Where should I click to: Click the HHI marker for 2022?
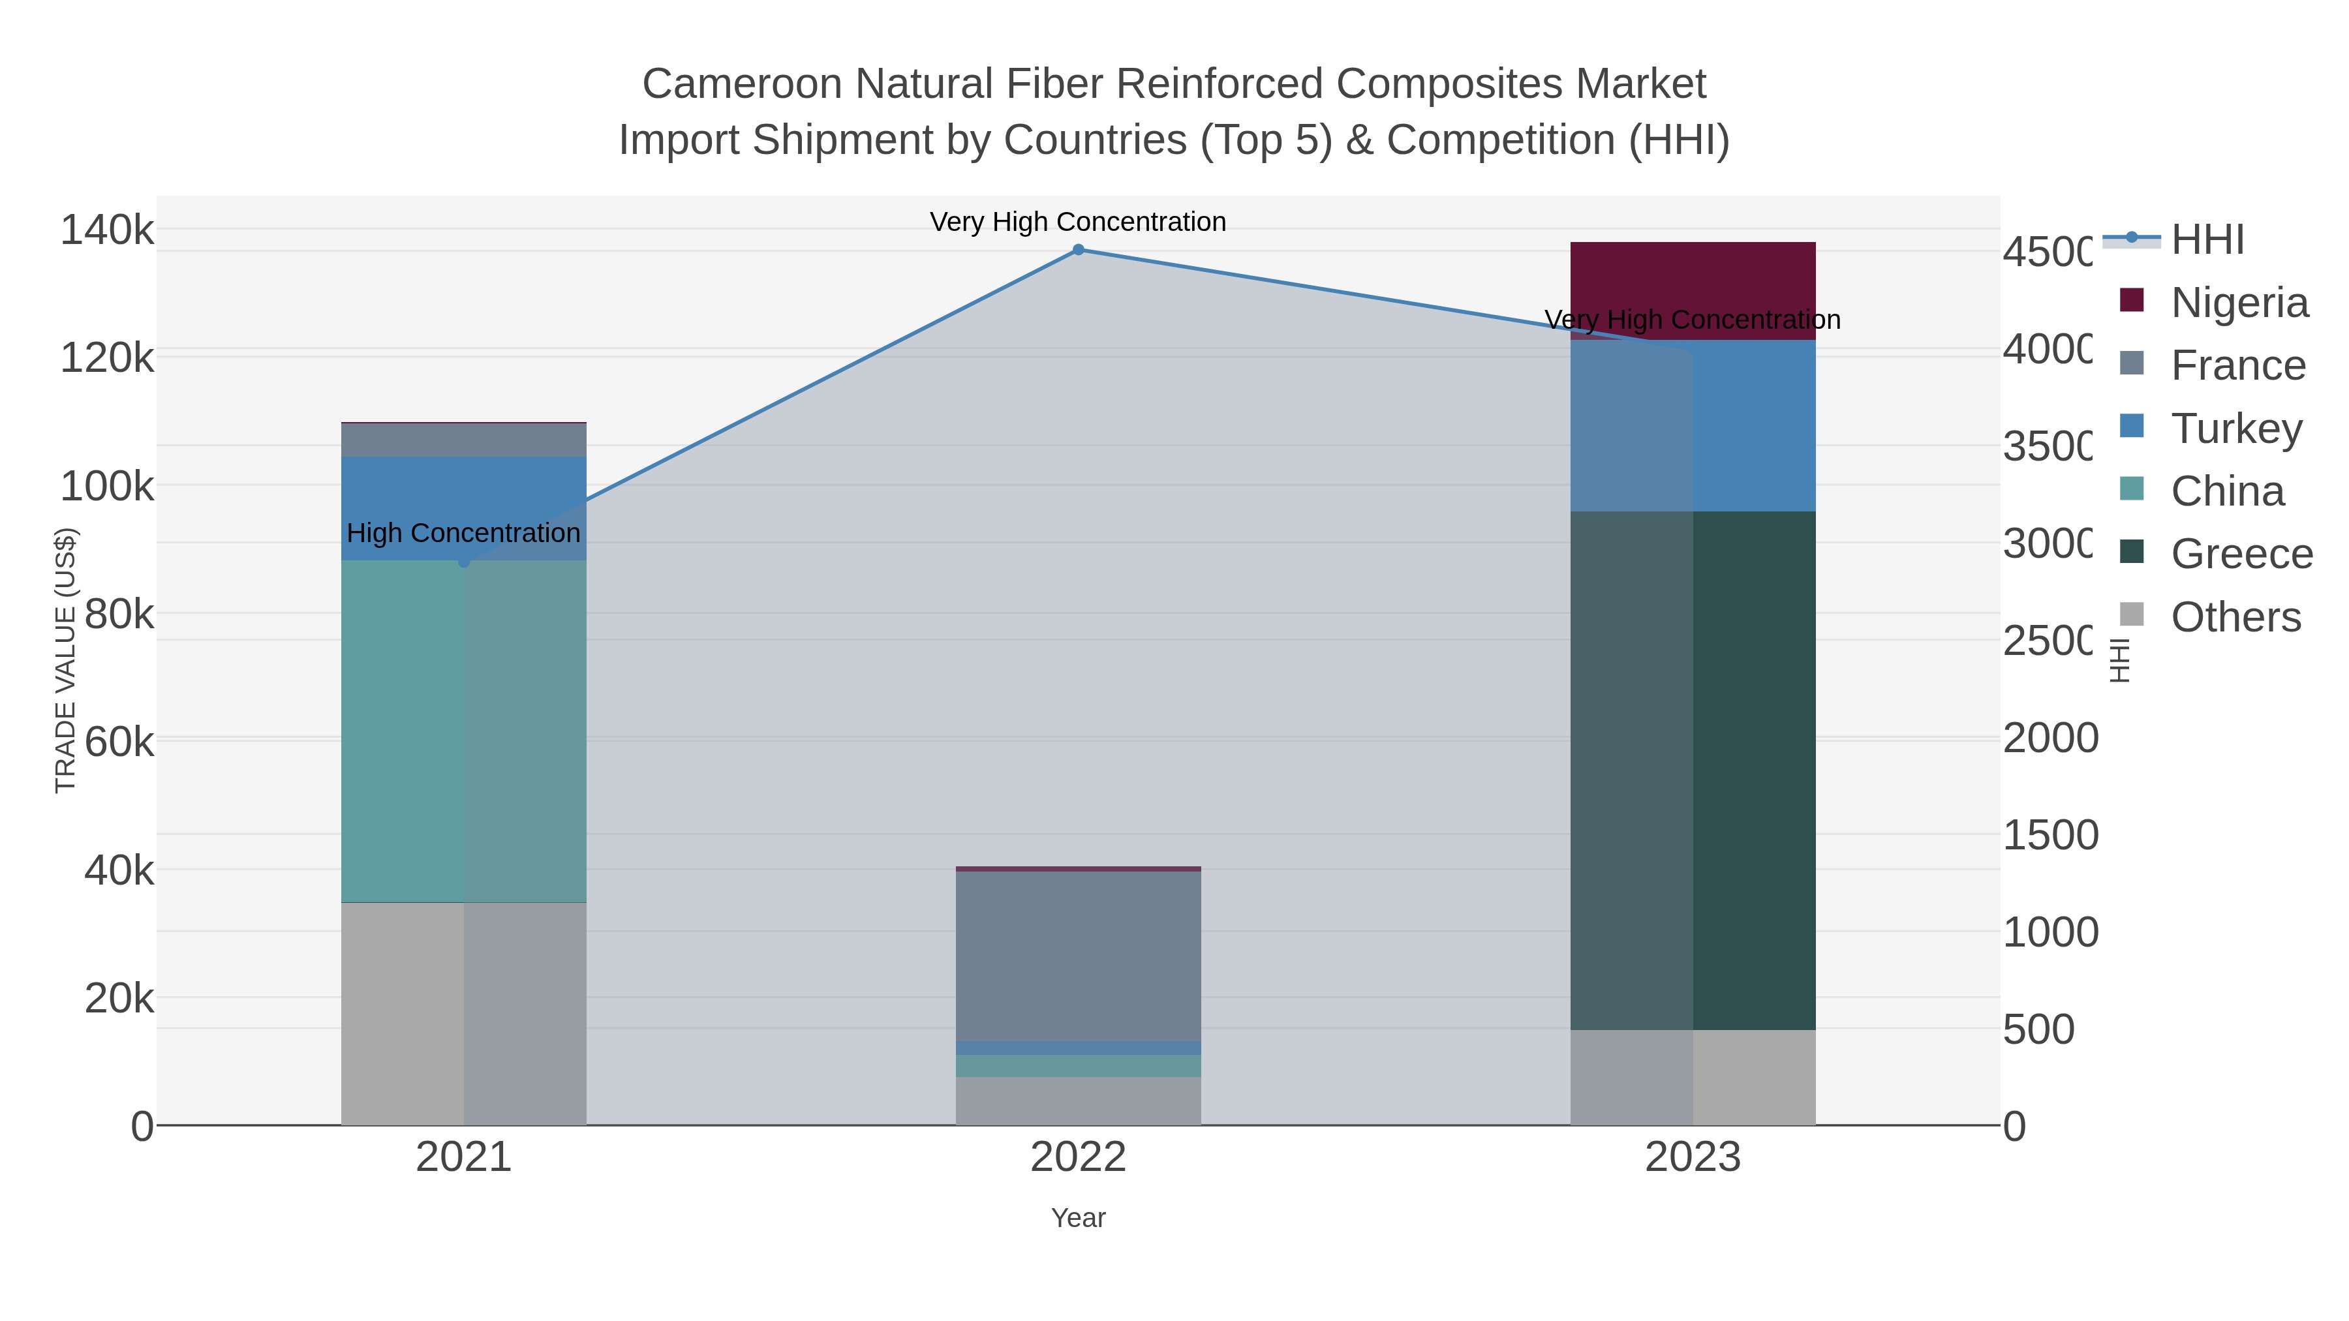1078,250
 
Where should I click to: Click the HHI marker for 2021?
463,562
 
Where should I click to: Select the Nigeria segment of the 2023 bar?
1693,290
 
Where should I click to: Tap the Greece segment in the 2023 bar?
1693,770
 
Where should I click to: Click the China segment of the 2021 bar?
463,731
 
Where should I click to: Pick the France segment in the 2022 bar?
1078,956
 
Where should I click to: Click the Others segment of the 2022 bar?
1078,1101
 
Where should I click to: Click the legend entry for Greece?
2216,553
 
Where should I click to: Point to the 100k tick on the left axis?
107,486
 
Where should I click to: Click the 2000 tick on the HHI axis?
2050,738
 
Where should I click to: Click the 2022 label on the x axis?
1078,1157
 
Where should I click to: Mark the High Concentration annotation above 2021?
463,532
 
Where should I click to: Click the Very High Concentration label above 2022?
1078,222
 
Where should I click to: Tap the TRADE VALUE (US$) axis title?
66,660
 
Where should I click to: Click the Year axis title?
1078,1218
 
